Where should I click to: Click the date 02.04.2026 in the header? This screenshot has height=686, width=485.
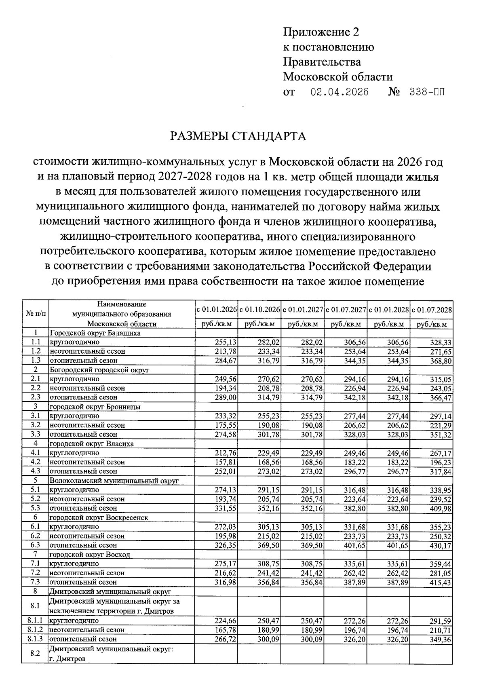point(339,92)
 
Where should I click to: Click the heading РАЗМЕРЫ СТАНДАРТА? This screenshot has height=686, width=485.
point(238,136)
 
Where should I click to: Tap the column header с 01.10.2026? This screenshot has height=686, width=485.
point(259,310)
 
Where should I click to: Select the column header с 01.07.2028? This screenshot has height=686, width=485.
point(431,310)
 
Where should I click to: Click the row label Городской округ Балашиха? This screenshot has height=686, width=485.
point(95,333)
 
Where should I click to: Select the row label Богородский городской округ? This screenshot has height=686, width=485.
point(99,370)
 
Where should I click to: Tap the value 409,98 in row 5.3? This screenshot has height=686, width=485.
point(440,509)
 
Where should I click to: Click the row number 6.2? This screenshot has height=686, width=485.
point(35,536)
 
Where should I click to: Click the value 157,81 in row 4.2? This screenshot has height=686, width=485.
point(226,462)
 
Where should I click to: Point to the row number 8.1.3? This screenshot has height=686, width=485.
point(35,639)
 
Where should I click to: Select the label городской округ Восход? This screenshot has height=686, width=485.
point(90,555)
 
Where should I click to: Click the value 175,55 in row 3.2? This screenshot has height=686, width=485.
point(226,425)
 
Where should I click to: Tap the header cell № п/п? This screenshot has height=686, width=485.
point(35,313)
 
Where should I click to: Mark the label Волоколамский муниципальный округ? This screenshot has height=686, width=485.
point(114,481)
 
